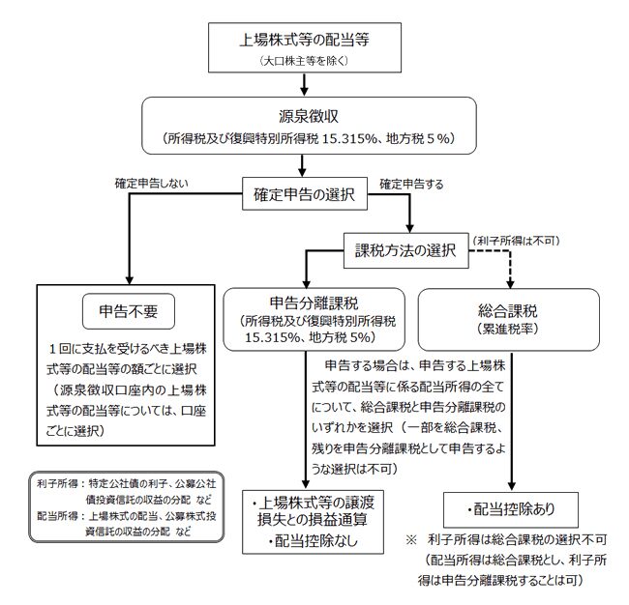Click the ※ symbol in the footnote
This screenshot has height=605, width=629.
[412, 537]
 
